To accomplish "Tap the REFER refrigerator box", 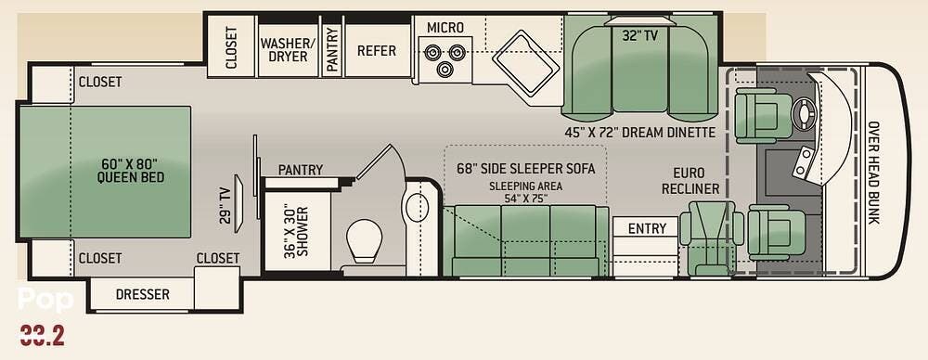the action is click(378, 50).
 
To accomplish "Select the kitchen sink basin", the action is click(526, 62).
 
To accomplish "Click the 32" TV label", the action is click(639, 36).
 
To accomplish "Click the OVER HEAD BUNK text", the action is click(873, 173).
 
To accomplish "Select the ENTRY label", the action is click(647, 228).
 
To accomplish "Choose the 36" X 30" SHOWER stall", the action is click(298, 231).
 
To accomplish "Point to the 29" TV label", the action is click(224, 205).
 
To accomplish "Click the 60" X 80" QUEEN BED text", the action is click(131, 171).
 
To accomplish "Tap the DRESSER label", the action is click(143, 294).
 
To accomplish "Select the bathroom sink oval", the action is click(418, 207).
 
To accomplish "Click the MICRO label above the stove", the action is click(445, 27).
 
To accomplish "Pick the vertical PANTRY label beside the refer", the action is click(332, 50).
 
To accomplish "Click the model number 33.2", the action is click(42, 336).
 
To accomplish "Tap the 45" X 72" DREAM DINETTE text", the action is click(639, 132).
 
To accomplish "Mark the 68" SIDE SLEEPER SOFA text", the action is click(525, 168).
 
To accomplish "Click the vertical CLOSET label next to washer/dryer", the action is click(231, 47).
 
